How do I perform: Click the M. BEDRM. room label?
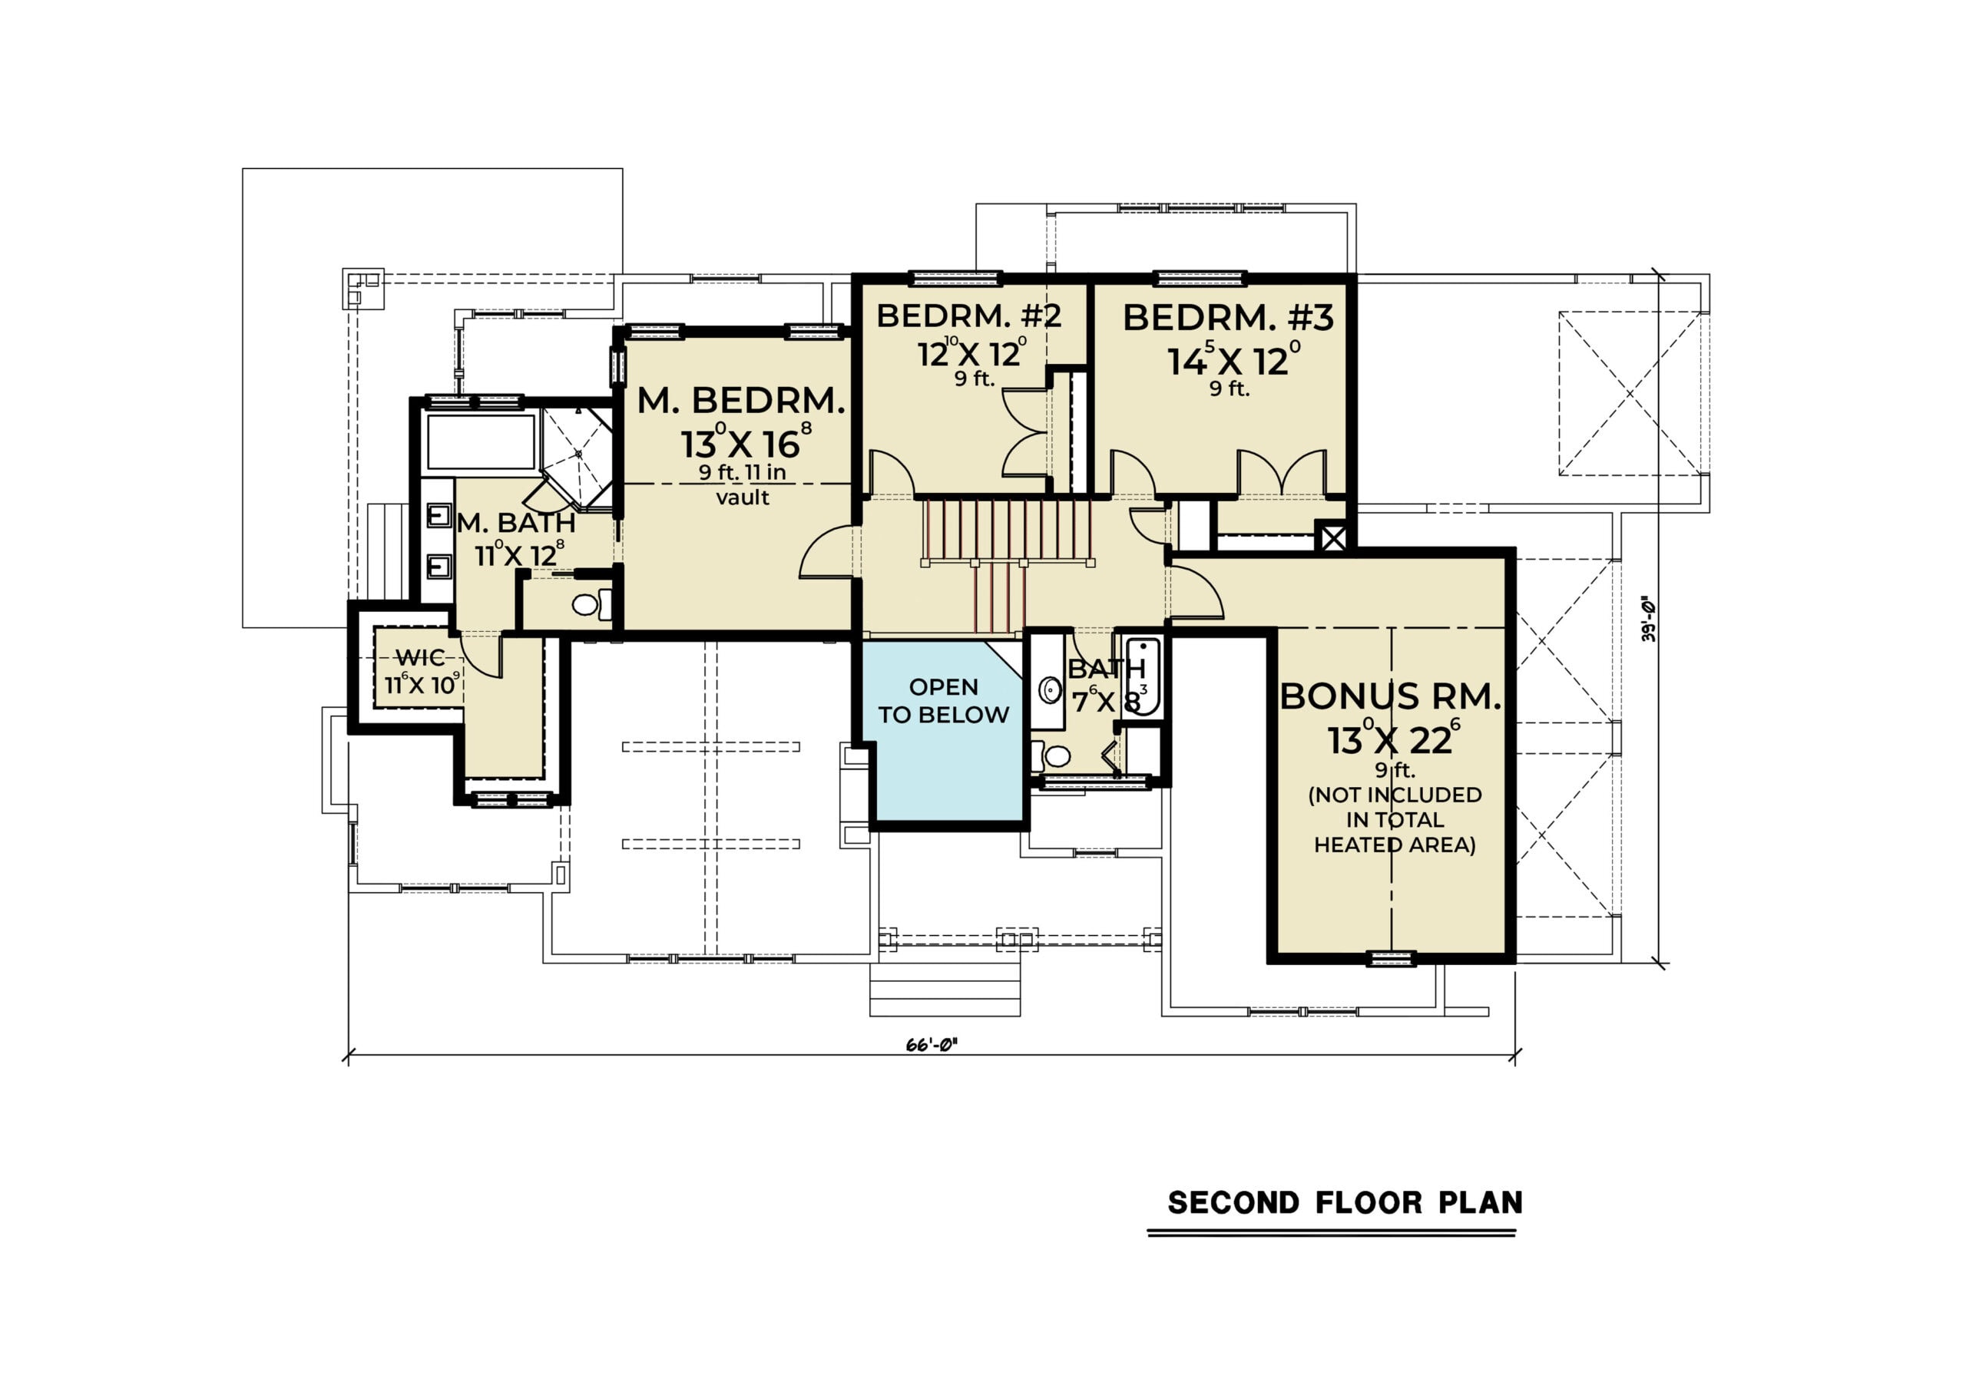click(x=742, y=401)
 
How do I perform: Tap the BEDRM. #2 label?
click(x=968, y=316)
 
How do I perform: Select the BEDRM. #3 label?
click(x=1228, y=318)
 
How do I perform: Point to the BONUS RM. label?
click(x=1391, y=697)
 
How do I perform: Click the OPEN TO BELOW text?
click(x=944, y=701)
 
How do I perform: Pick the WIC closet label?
click(x=419, y=657)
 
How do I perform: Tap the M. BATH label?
click(x=515, y=522)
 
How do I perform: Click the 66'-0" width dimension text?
click(x=931, y=1044)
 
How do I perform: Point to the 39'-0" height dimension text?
click(x=1648, y=620)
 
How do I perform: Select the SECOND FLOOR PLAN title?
click(x=1345, y=1203)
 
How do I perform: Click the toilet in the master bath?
click(x=591, y=604)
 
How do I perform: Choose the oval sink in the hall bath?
click(x=1051, y=690)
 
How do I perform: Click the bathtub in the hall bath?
click(x=1142, y=677)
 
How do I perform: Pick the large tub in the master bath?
click(x=482, y=441)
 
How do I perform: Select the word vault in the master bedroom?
click(x=743, y=497)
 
